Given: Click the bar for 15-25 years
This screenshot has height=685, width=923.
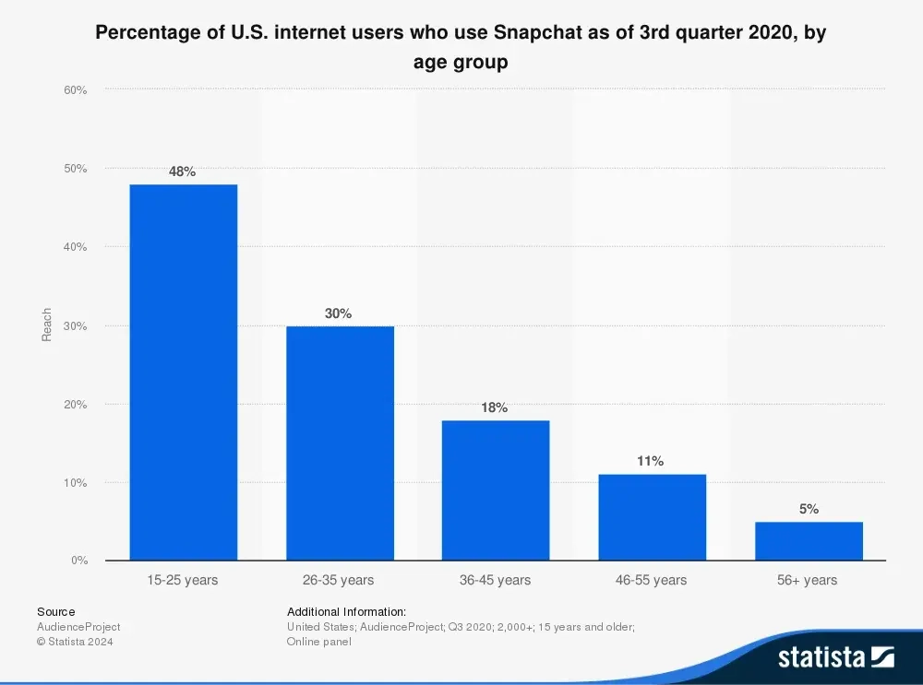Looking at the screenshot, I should (183, 372).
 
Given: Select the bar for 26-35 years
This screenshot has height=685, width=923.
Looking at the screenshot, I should (340, 443).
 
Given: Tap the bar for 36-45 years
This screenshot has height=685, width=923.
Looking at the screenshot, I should (496, 490).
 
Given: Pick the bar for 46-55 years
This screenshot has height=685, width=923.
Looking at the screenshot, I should (652, 517).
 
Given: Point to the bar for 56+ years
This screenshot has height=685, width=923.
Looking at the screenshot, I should (809, 541).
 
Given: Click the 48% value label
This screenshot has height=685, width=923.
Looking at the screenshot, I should (183, 171).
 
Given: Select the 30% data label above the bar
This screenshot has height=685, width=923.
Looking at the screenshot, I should (339, 313).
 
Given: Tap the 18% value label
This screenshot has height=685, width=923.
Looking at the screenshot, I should (495, 407).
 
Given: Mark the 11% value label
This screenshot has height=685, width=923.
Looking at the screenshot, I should (651, 461).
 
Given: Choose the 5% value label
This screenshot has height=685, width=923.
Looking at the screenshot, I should (809, 509).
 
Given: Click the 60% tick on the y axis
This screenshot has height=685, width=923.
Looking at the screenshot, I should (76, 90).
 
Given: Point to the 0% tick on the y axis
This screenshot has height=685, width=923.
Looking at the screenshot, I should (78, 561).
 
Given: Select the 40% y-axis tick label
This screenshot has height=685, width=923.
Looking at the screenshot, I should (76, 247).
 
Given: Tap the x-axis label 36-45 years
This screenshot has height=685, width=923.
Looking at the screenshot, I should (496, 580).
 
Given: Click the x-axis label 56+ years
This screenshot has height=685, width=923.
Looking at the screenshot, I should (809, 580).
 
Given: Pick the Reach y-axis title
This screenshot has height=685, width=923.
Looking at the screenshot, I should (47, 325).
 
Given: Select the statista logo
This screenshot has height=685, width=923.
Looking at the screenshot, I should (836, 656).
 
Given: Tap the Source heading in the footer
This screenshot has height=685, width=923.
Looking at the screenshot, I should (56, 611).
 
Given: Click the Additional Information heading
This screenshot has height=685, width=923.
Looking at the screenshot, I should (347, 611).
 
